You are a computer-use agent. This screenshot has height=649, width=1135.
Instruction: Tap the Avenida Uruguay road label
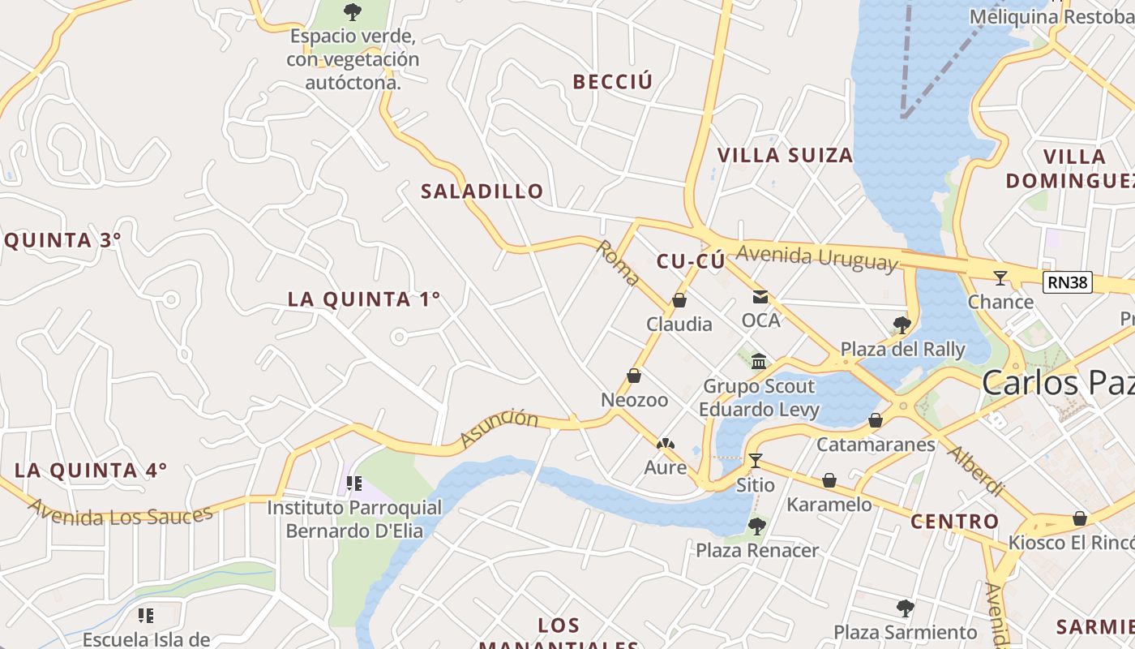pos(817,257)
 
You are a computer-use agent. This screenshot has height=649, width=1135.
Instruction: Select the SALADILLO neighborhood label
pos(482,191)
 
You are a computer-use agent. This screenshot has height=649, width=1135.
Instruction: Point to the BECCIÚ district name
pos(612,82)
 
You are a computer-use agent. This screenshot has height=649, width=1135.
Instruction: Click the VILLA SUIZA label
pos(785,155)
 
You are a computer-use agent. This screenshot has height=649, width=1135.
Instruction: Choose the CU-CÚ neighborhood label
pos(690,261)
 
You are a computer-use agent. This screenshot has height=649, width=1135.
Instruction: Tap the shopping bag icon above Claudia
pos(679,301)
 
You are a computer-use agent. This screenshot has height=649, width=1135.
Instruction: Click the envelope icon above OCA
pos(760,297)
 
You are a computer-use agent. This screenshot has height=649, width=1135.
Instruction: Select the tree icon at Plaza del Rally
pos(902,325)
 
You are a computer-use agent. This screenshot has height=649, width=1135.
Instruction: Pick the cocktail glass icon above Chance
pos(1000,278)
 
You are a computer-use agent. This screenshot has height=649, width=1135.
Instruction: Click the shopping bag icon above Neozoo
pos(634,376)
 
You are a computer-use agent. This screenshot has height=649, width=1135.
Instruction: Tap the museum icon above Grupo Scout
pos(759,361)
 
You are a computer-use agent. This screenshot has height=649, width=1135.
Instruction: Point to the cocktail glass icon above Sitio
pos(756,461)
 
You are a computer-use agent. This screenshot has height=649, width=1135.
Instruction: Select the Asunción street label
pos(499,428)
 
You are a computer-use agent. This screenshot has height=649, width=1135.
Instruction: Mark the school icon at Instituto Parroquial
pos(354,484)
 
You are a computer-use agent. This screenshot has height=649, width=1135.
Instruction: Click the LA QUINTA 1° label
pos(364,299)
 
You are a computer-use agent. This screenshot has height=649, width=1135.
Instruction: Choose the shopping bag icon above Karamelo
pos(829,480)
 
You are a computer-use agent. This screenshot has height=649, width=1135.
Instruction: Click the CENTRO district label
pos(954,522)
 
